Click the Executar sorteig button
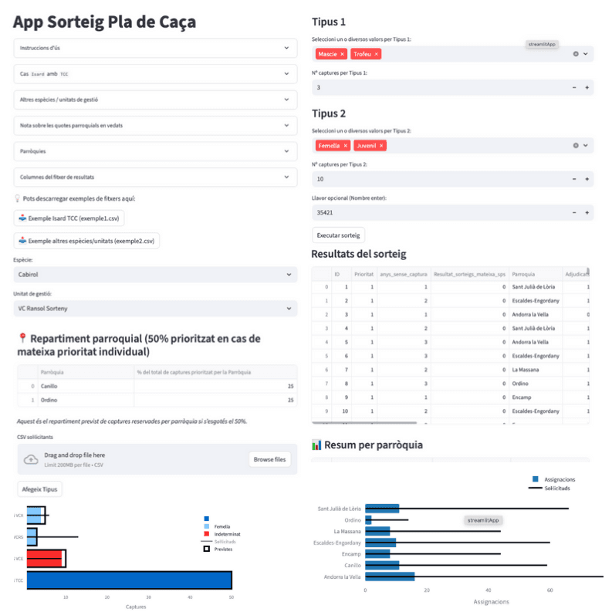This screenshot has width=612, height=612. click(x=339, y=235)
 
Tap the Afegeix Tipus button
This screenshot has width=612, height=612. click(x=39, y=489)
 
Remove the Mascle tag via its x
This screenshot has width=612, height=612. click(x=342, y=54)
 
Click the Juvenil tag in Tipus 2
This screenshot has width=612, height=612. click(x=367, y=145)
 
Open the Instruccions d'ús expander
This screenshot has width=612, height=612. click(x=155, y=48)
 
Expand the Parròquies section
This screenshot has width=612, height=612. click(x=155, y=151)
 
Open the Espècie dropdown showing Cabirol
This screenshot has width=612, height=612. click(x=155, y=274)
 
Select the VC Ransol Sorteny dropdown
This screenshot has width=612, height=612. click(x=155, y=308)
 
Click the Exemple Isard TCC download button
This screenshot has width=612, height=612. click(x=70, y=218)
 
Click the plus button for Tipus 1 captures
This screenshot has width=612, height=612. click(x=587, y=88)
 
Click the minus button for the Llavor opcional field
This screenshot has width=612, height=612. click(x=574, y=212)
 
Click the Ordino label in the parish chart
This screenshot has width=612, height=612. click(x=351, y=520)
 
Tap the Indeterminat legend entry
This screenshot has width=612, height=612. click(x=228, y=533)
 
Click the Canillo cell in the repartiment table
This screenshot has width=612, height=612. click(x=50, y=385)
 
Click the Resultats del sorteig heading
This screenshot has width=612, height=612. click(x=358, y=254)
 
